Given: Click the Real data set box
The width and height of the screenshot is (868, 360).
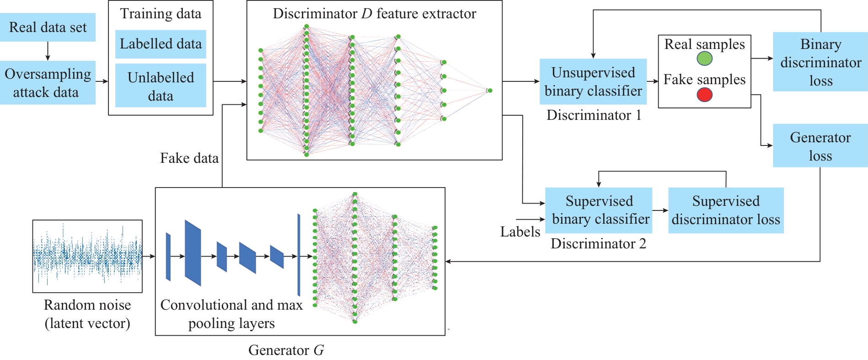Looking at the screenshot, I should point(48,27).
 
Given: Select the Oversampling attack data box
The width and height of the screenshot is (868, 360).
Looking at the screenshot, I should point(48,83).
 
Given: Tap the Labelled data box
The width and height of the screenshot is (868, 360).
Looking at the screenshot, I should point(161,44).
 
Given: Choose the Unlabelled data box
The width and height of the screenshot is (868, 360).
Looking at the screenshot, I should point(161,86).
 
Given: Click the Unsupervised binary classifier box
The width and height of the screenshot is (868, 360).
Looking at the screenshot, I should point(593,81).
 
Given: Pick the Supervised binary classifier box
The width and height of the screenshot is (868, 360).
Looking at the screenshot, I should point(599,210).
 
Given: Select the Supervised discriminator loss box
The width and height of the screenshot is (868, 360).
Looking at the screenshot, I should point(726,210).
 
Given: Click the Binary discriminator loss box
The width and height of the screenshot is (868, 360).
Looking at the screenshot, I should point(820,62).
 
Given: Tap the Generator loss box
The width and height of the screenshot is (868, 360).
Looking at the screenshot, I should point(820,146).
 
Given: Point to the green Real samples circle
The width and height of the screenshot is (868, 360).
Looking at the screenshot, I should point(704,59).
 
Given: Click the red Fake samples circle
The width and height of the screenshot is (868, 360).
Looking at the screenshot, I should point(704,95).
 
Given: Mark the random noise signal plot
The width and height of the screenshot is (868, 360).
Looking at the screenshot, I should point(87,256).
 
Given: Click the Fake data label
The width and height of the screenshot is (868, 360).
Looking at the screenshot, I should point(189,158).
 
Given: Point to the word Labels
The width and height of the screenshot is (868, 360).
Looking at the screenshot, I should point(520,232).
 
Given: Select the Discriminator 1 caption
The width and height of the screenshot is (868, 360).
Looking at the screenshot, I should point(594,115).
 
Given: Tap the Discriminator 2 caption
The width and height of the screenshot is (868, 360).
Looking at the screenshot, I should point(598,244).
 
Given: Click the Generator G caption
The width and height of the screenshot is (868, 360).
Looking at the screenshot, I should point(286,350).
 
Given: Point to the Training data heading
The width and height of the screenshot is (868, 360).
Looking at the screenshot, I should point(161,14).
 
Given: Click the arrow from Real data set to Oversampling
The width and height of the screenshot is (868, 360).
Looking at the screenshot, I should point(48,51).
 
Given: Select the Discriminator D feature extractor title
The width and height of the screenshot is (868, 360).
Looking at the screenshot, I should point(374,14).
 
